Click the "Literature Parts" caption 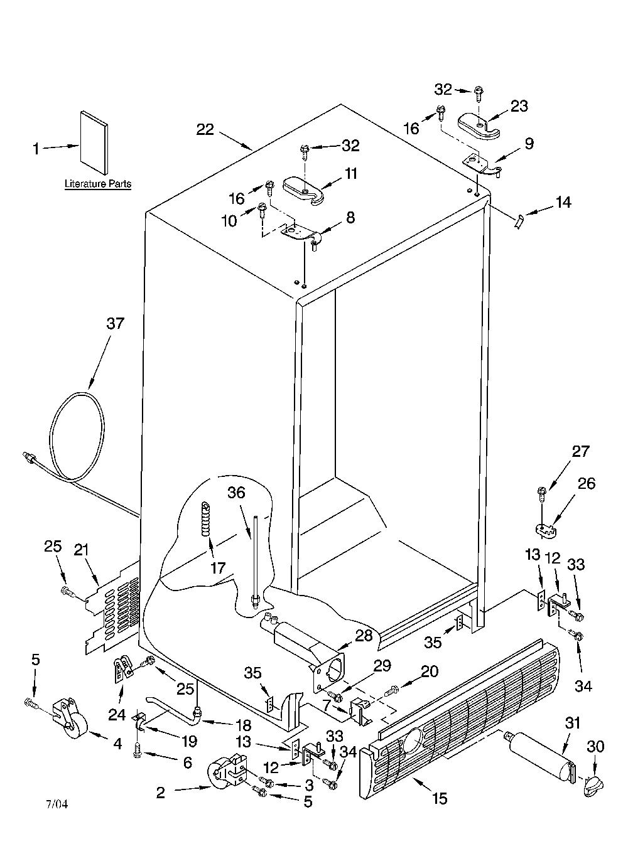(x=98, y=184)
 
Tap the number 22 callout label (x=205, y=129)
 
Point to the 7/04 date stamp (x=57, y=805)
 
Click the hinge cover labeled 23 (x=479, y=127)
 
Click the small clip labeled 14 (x=519, y=222)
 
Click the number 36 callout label (x=236, y=492)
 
